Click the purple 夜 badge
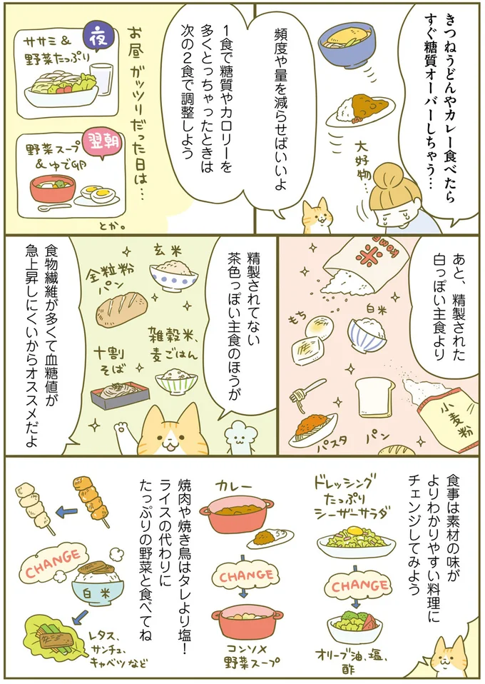[100, 34]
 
